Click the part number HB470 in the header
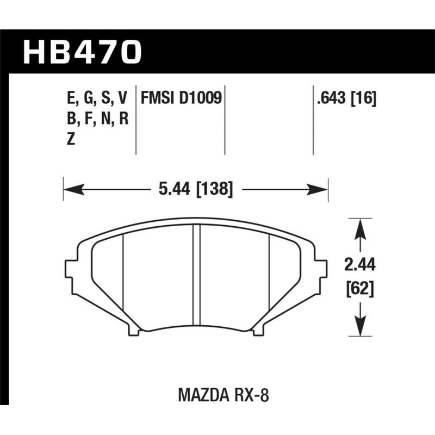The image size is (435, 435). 82,53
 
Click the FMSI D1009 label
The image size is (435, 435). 181,98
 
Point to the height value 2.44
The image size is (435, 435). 359,266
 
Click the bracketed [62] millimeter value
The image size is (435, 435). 359,289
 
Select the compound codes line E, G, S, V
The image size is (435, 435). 95,98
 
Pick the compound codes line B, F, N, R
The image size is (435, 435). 95,119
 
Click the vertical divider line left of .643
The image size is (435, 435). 313,120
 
